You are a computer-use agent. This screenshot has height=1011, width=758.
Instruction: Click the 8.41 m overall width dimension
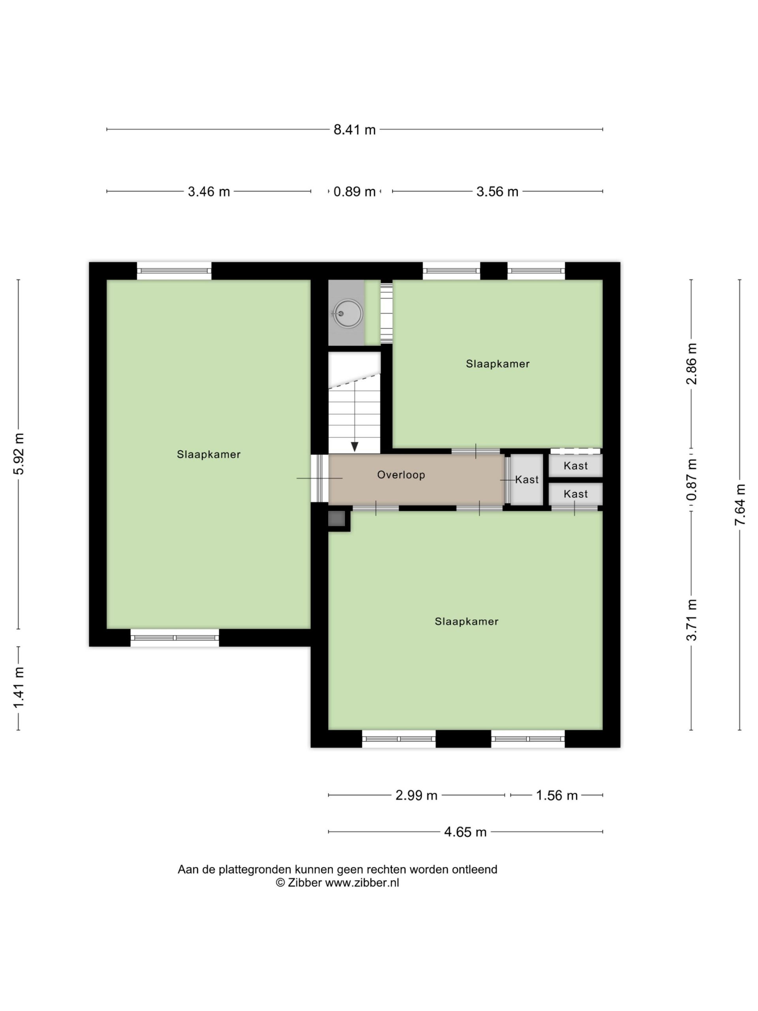[354, 130]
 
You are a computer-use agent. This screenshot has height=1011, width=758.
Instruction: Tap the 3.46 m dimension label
[209, 192]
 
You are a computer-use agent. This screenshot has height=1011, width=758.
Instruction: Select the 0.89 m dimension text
[354, 192]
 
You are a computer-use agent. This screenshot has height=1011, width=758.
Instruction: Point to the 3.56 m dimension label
[497, 192]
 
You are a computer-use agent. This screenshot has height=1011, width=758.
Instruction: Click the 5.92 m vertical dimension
[19, 454]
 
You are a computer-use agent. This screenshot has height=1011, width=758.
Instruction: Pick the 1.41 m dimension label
[19, 688]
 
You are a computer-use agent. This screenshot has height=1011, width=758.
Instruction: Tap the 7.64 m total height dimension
[740, 505]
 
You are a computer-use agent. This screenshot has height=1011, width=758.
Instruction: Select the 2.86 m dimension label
[692, 364]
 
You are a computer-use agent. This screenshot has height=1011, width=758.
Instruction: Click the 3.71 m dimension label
[692, 620]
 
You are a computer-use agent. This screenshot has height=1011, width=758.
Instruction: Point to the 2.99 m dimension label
[416, 796]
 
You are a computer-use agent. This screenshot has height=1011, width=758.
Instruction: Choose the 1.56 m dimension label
[557, 796]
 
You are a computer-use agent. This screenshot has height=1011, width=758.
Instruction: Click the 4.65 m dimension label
[465, 832]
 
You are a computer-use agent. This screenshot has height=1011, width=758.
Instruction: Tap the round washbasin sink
[348, 314]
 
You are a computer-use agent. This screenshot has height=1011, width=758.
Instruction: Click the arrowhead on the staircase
[355, 447]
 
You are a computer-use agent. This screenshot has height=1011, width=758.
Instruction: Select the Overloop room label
[401, 475]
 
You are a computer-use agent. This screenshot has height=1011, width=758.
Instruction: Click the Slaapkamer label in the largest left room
[209, 454]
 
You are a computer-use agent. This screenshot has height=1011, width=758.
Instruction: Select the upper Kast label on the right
[576, 466]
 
